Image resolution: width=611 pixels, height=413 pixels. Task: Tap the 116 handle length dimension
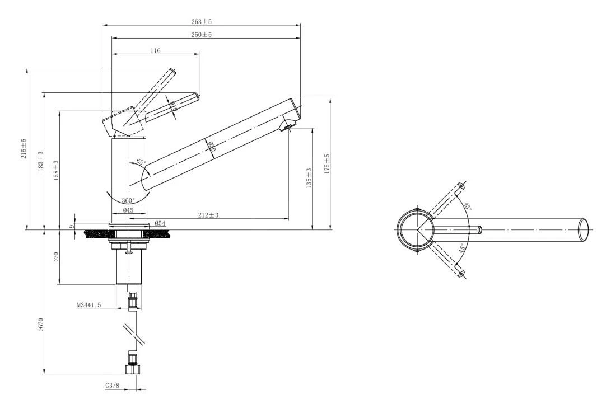pyautogui.click(x=155, y=50)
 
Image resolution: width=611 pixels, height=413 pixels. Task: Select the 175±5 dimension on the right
pyautogui.click(x=327, y=164)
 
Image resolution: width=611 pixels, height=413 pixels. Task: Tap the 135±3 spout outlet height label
pyautogui.click(x=309, y=178)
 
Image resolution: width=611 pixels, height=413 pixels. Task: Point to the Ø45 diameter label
pyautogui.click(x=128, y=210)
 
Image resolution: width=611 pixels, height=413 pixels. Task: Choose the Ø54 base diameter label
pyautogui.click(x=159, y=223)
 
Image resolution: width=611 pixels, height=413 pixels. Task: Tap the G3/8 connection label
pyautogui.click(x=112, y=386)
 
